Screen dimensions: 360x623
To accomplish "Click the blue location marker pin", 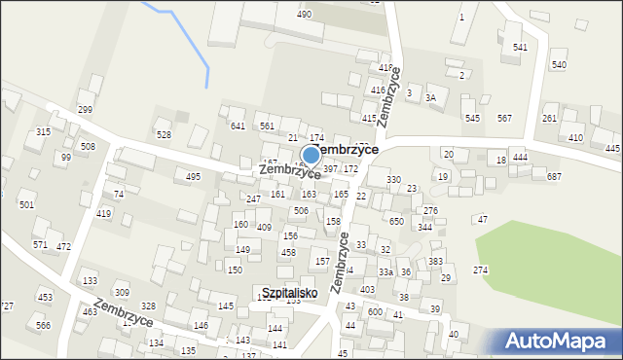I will pos(311,154).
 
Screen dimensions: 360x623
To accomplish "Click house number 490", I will pos(304,15).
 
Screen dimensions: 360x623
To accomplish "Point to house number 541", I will pos(520,48).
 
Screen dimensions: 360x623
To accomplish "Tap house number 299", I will pos(85,110).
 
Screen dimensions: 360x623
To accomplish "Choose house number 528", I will pos(164,135).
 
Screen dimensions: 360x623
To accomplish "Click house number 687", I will pos(554,176).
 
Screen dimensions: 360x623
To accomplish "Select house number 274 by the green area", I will pos(481,270).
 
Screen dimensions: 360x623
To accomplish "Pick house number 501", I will pos(26,205).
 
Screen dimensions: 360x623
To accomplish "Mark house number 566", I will pos(43,326).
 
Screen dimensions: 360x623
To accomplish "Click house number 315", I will pos(43,131).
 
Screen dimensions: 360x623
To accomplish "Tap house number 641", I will pos(238,126).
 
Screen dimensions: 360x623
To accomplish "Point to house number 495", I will pos(194,177).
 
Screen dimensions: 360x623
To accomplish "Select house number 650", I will pos(396,222).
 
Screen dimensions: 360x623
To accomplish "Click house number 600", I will pos(375,311).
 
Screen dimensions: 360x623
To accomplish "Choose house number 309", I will pos(122,293).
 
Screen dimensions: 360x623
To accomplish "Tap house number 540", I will pos(559,65).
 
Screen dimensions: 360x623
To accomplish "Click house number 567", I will pos(504,118).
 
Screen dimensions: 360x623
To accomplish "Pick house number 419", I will pos(104,213).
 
